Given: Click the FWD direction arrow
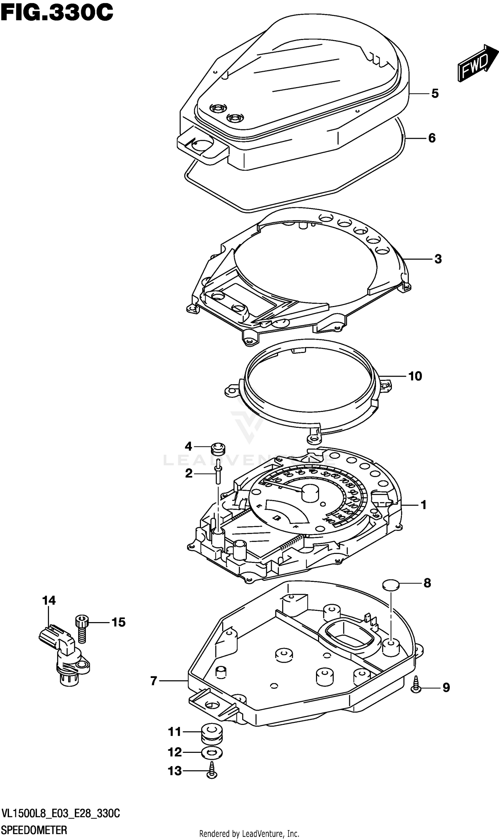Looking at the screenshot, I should [477, 63].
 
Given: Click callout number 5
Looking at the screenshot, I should [435, 93].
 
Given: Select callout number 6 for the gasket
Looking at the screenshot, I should [432, 138].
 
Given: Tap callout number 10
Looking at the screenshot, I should [415, 376].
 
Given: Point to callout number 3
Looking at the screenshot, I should [438, 259].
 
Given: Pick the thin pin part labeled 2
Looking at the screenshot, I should [219, 472].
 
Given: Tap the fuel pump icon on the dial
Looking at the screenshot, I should [277, 518].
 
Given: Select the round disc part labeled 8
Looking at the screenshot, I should [391, 585].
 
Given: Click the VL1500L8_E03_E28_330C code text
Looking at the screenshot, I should [61, 814].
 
